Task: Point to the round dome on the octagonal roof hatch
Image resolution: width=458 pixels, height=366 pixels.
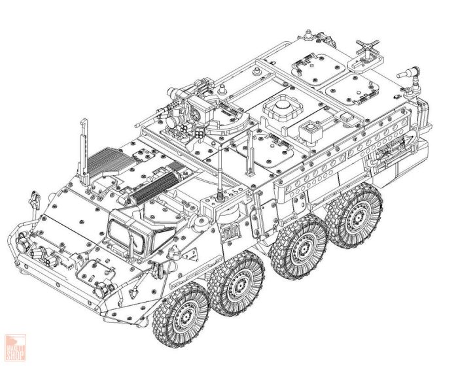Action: pos(282,103)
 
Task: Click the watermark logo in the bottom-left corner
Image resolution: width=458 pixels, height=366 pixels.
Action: pos(14,346)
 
